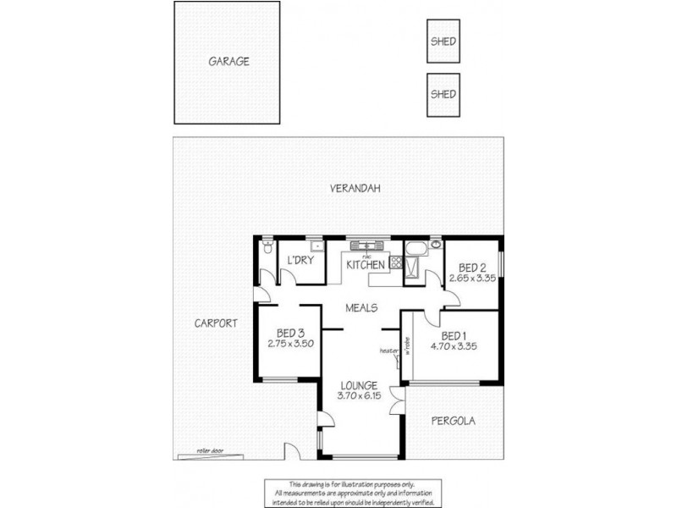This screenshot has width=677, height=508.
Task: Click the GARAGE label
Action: click(x=228, y=62)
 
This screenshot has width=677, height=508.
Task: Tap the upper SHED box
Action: click(x=443, y=41)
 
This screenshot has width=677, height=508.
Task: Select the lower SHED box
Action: click(x=443, y=93)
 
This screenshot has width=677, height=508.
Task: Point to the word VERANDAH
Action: click(x=354, y=189)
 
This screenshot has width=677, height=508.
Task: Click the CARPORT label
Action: click(x=213, y=323)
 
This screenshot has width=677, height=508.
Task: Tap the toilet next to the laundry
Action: click(x=267, y=248)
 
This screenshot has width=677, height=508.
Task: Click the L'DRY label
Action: click(x=301, y=261)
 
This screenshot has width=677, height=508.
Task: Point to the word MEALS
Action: click(x=361, y=308)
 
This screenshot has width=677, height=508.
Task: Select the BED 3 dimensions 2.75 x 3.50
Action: click(x=291, y=344)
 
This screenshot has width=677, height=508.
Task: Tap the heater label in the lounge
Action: click(x=389, y=351)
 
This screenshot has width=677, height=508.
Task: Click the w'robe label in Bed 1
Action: click(x=407, y=347)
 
